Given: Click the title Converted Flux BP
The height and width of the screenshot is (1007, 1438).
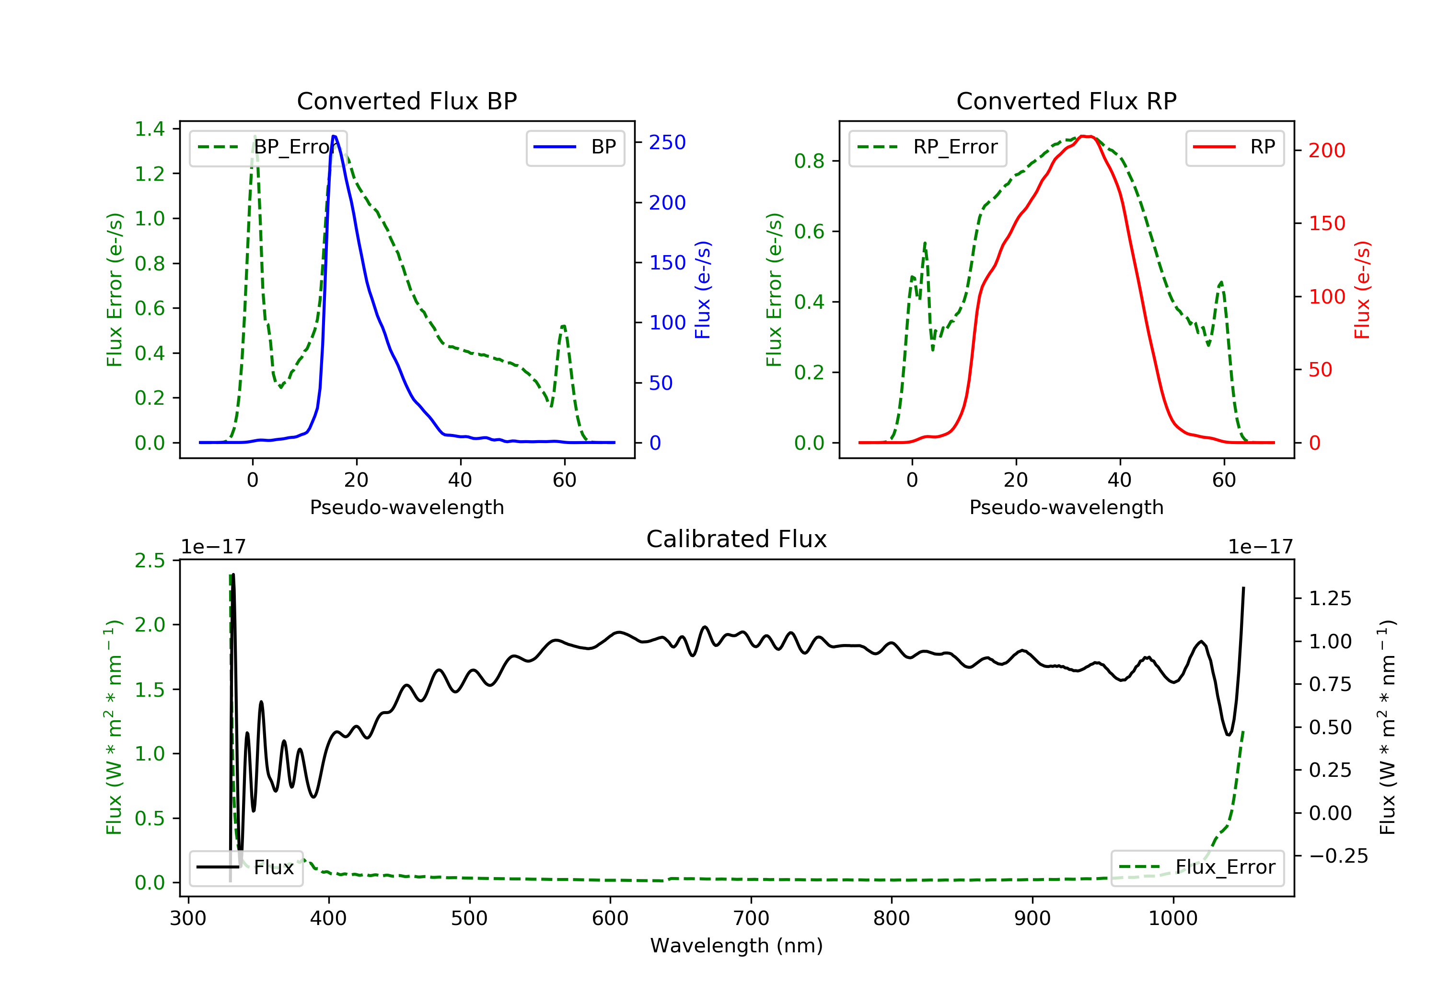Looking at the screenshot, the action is point(406,101).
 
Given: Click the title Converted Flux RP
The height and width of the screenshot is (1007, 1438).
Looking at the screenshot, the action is point(1066,101).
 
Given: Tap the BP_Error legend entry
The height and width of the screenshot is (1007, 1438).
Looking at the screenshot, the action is point(268,147).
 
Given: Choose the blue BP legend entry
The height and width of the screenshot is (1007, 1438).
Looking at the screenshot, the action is point(575,147).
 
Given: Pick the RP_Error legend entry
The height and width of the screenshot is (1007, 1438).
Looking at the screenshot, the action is point(928,147).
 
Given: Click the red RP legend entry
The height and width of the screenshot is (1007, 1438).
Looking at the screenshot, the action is point(1234,147).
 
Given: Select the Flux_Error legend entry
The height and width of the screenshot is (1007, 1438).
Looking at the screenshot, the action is point(1197,867).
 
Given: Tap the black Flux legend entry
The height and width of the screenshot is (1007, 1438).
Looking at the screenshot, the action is point(245,867).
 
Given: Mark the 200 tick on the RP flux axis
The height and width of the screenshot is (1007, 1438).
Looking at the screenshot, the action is point(1326,151).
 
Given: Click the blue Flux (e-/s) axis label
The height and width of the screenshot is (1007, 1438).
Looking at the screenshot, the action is point(703,290).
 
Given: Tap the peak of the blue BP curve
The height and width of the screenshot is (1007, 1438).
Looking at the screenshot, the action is point(334,136).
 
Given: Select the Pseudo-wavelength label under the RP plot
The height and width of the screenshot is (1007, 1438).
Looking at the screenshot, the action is point(1066,507).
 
